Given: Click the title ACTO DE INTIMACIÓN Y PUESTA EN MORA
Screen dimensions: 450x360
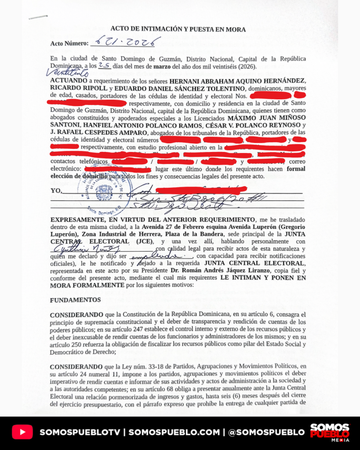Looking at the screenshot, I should [178, 29].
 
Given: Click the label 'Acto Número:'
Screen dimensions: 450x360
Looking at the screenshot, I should [69, 44].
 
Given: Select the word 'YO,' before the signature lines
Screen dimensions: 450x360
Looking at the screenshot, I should [56, 191].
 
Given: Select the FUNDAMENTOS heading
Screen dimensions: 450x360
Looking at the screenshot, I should [75, 300].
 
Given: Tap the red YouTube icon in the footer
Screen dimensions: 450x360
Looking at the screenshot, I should [22, 432].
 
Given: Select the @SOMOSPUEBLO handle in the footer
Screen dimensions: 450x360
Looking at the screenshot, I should [267, 432].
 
